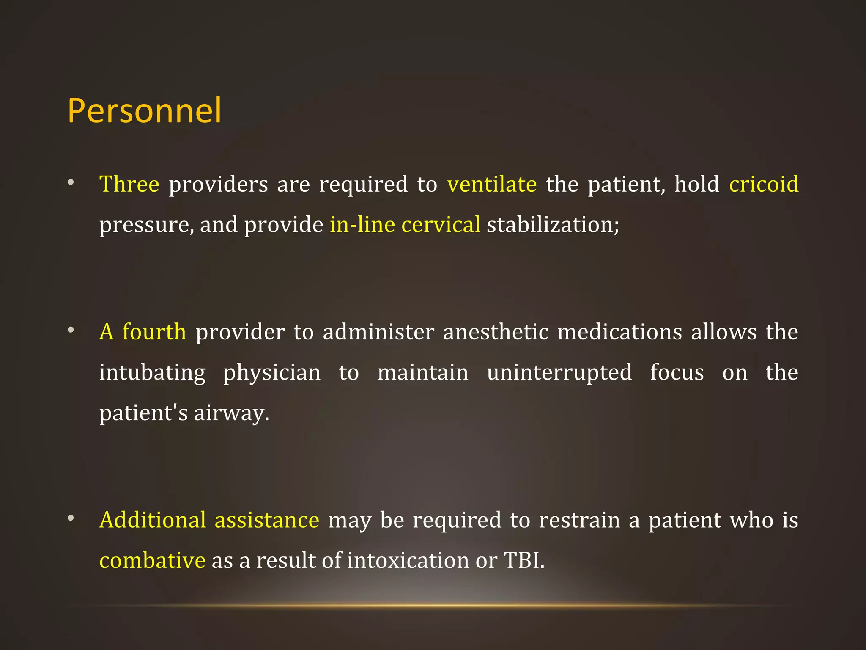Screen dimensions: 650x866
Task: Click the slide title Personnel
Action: click(144, 111)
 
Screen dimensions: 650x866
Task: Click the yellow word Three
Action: click(129, 185)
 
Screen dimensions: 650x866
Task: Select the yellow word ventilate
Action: click(492, 185)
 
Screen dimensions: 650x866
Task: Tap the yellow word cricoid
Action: click(764, 185)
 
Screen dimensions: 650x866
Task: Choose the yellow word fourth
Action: click(154, 332)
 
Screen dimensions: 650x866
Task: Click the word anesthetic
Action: click(496, 332)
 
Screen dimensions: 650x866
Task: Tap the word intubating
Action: click(152, 373)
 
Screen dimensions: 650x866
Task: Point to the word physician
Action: click(272, 373)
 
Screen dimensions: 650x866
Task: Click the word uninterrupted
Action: click(559, 373)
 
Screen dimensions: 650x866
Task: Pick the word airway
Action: click(231, 413)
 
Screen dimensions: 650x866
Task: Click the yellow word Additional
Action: click(153, 520)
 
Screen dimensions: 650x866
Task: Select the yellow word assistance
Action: click(267, 520)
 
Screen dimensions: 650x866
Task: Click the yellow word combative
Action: click(152, 561)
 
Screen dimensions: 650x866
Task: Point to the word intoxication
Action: click(408, 561)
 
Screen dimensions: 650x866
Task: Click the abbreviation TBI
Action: click(523, 561)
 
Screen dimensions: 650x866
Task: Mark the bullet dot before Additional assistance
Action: click(71, 518)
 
